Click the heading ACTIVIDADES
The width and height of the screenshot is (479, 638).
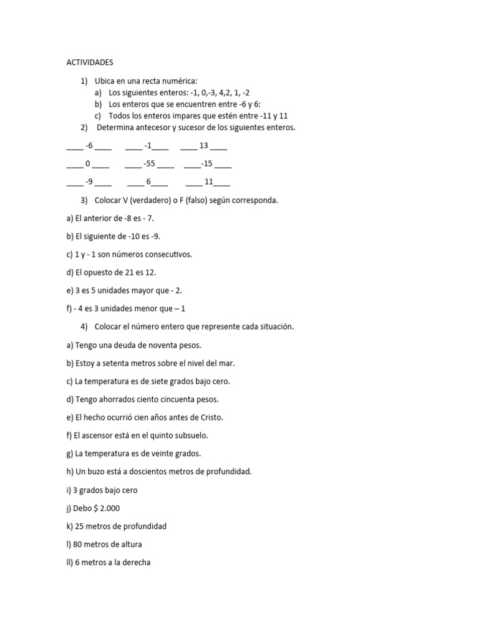pyautogui.click(x=90, y=62)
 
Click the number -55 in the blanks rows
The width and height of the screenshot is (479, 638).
pyautogui.click(x=149, y=164)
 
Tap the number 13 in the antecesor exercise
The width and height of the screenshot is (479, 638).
pyautogui.click(x=203, y=146)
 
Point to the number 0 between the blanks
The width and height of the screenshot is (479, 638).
pyautogui.click(x=88, y=164)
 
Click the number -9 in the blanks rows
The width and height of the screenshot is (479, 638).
pyautogui.click(x=89, y=182)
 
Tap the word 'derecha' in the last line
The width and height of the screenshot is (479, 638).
pyautogui.click(x=137, y=562)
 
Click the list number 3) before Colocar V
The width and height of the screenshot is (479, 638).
pyautogui.click(x=85, y=200)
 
